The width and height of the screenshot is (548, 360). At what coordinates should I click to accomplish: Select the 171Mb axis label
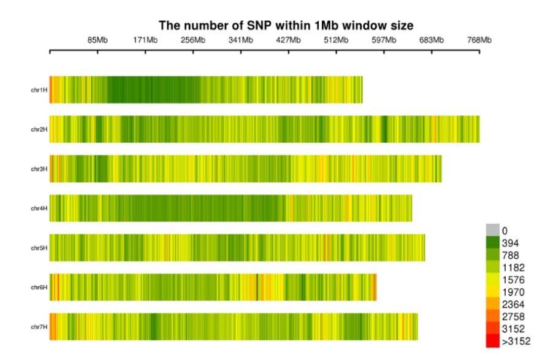click(145, 40)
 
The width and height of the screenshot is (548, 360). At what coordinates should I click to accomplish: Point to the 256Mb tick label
click(193, 40)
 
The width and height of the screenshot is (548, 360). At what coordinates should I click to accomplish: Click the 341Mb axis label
click(241, 40)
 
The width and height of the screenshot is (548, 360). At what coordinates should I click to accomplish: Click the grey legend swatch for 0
click(492, 230)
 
